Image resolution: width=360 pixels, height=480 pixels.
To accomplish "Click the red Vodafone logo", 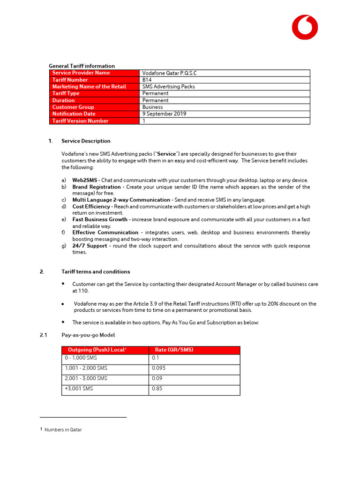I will pyautogui.click(x=305, y=27).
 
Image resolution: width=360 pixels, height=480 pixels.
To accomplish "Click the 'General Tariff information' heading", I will pyautogui.click(x=82, y=66).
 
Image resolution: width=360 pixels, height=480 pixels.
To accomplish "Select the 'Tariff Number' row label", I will pyautogui.click(x=70, y=80).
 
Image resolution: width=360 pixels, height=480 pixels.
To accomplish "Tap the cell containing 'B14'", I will pyautogui.click(x=147, y=80).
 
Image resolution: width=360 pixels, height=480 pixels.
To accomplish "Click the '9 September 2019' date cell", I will pyautogui.click(x=164, y=114).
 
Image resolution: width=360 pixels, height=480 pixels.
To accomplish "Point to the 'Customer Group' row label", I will pyautogui.click(x=73, y=107).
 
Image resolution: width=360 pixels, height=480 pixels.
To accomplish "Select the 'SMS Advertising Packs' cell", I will pyautogui.click(x=168, y=87).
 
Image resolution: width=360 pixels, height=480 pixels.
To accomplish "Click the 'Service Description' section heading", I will pyautogui.click(x=86, y=141).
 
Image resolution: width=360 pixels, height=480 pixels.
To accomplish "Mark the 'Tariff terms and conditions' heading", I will pyautogui.click(x=96, y=272).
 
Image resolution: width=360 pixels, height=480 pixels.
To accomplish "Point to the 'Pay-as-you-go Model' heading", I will pyautogui.click(x=88, y=335).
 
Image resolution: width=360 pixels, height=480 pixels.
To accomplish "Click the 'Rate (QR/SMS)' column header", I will pyautogui.click(x=174, y=350).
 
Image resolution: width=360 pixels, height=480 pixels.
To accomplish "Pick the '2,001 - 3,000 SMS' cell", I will pyautogui.click(x=86, y=378).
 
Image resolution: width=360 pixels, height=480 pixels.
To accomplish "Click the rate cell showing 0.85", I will pyautogui.click(x=157, y=389).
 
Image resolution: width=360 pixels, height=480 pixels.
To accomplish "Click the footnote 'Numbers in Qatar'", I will pyautogui.click(x=63, y=429).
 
